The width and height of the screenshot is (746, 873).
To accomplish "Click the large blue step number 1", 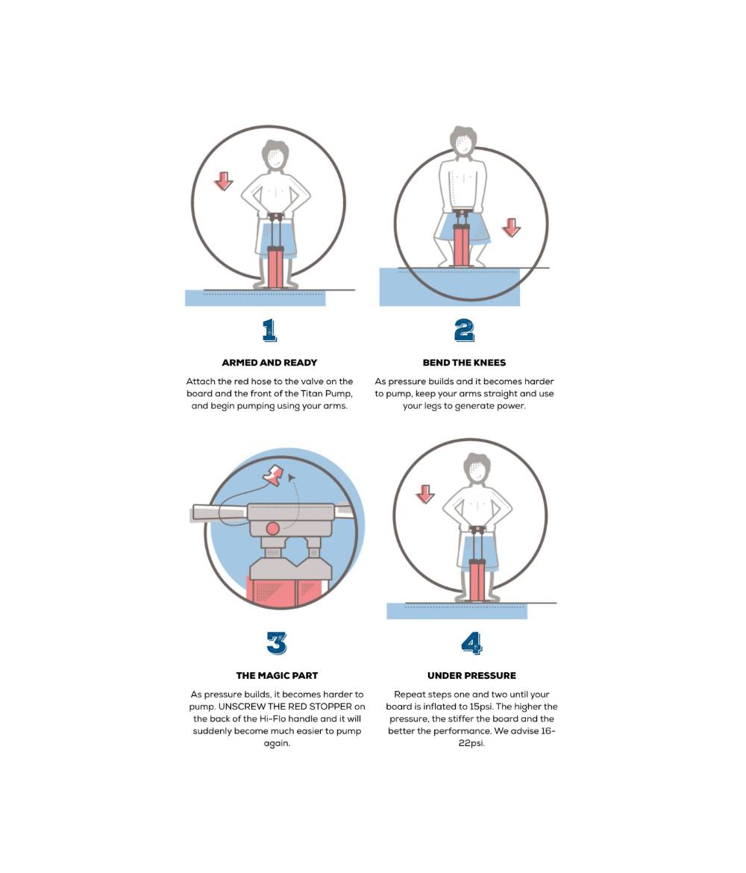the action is coord(270,330).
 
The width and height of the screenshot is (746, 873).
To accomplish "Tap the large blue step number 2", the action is coord(464,330).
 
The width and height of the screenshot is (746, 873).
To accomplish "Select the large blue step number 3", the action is coord(277,643).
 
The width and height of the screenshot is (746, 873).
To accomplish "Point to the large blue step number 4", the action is coord(471,643).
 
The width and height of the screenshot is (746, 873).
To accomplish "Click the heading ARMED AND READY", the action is coord(269,363).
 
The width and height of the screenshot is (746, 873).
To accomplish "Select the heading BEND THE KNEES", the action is coord(464,363).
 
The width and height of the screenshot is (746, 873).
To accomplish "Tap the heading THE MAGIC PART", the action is coord(277,675).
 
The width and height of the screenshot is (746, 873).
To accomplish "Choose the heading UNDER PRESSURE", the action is coord(471,675).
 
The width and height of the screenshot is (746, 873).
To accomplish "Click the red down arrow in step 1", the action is coord(224,181).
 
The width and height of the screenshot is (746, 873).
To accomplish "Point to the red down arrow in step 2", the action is coord(511,227).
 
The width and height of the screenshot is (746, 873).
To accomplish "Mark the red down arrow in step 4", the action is coord(425,494).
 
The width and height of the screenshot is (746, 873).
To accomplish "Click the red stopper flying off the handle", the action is coord(275,475).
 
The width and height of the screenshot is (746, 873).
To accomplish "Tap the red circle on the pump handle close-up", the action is coord(273,528).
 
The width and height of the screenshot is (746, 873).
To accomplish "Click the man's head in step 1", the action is coord(275,154).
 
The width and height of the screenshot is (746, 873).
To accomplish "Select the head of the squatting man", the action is coord(463,142).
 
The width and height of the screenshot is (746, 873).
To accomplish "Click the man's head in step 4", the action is coord(477,469).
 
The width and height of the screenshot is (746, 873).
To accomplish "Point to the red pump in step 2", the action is coord(462,242).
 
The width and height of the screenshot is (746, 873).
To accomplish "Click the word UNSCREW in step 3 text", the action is coord(242,707).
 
